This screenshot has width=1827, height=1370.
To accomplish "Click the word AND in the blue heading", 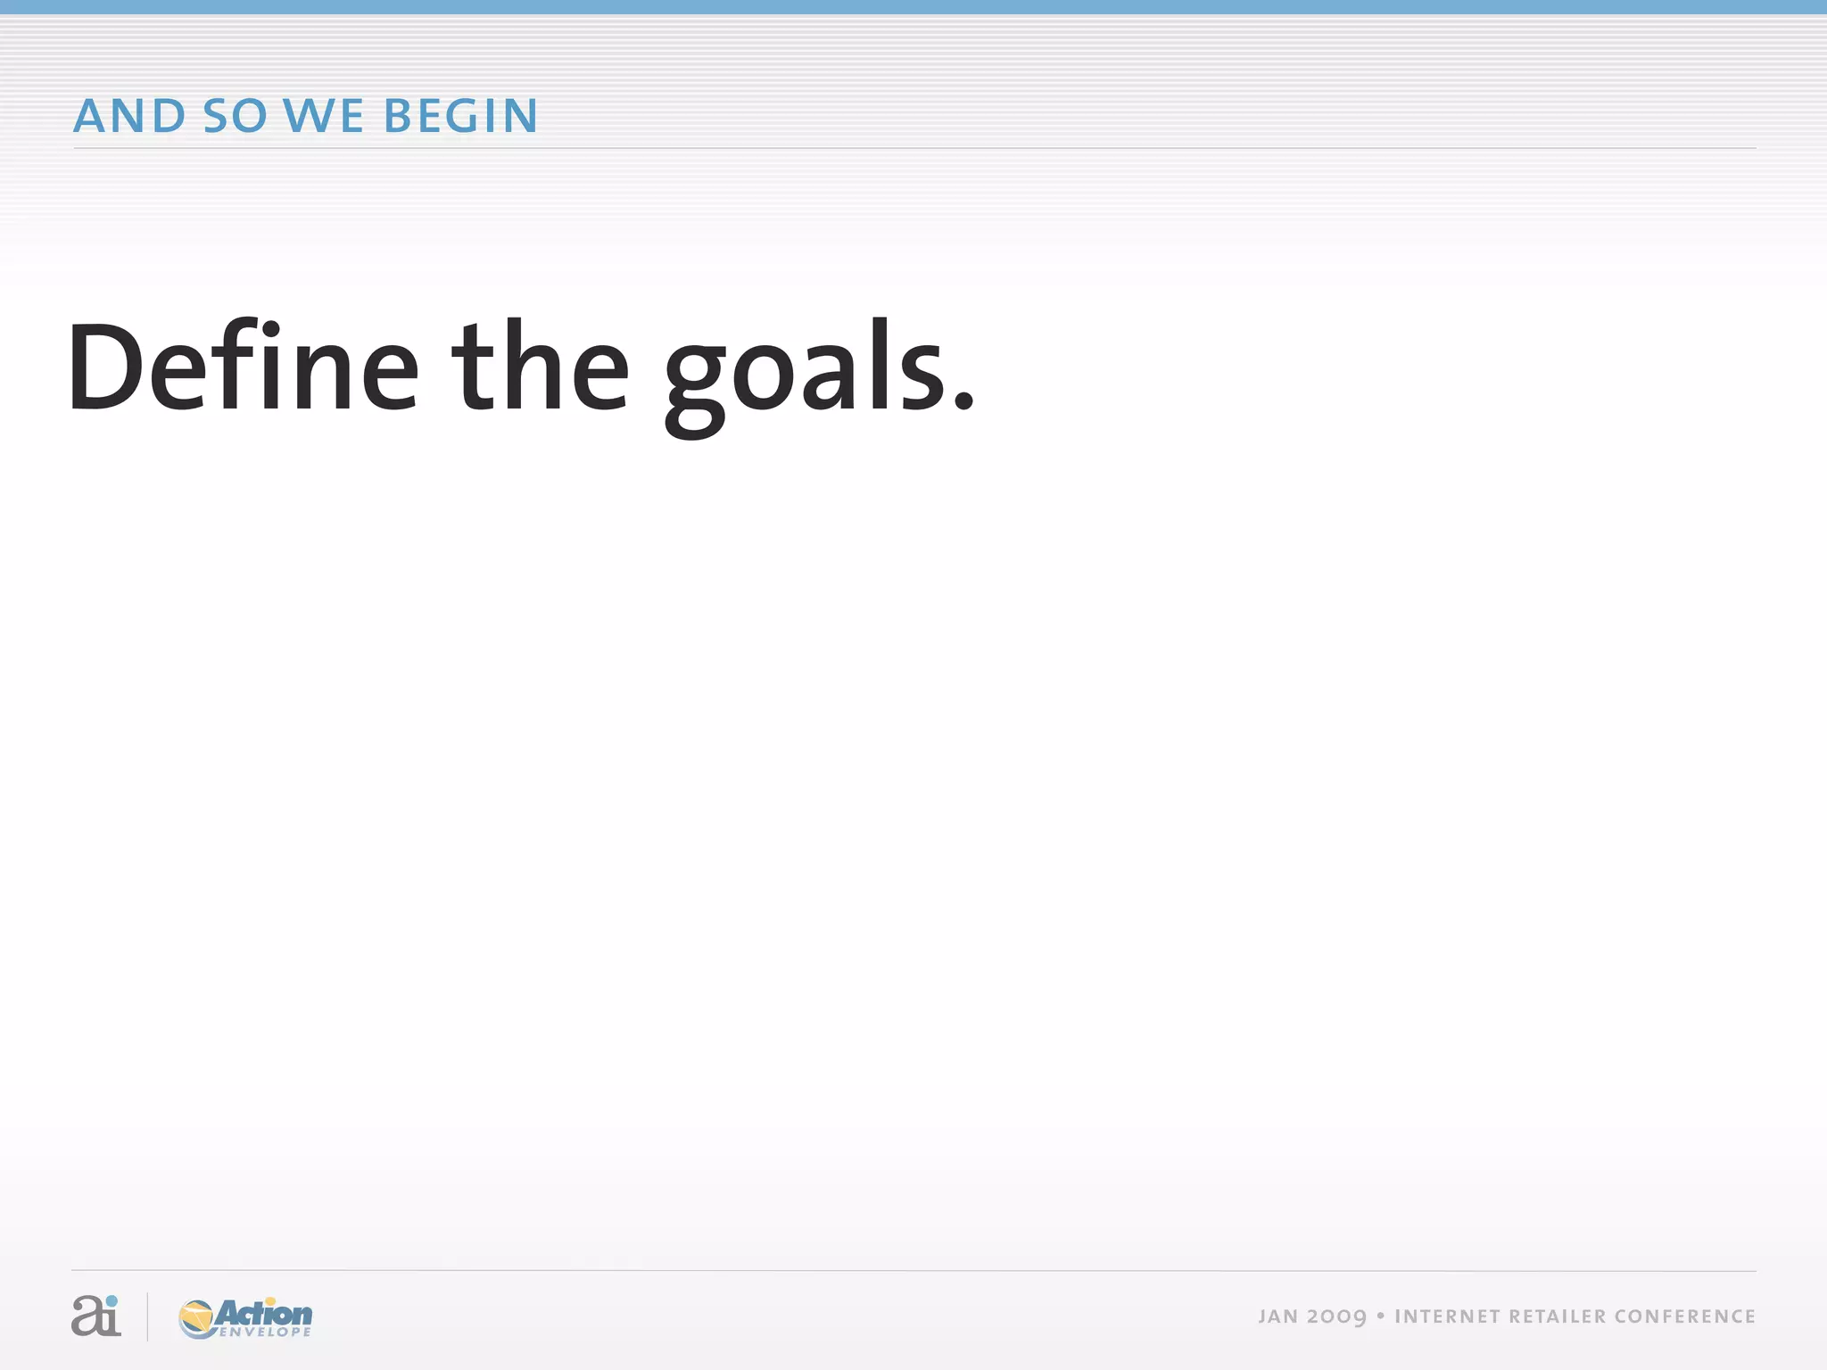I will (x=129, y=116).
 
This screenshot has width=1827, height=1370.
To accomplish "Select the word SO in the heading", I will (x=235, y=116).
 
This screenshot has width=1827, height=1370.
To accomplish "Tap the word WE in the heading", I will (x=323, y=116).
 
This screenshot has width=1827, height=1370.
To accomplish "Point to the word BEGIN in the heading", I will (x=460, y=116).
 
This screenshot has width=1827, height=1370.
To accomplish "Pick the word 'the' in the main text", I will (x=541, y=367).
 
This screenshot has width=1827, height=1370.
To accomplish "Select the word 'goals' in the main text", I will (x=805, y=375).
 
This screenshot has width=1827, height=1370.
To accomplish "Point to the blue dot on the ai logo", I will (x=112, y=1300).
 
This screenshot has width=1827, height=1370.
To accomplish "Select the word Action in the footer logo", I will (x=264, y=1313).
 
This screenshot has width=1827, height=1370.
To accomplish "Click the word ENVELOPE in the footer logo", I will (x=265, y=1333).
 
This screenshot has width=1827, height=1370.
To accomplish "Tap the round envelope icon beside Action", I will (x=196, y=1319).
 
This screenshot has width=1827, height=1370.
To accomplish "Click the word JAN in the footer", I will (x=1278, y=1316).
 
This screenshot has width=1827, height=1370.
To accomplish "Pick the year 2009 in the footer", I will (x=1336, y=1317).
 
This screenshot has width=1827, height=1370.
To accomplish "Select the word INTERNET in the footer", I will (x=1446, y=1316).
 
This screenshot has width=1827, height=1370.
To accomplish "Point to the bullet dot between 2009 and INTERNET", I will (x=1380, y=1316).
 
